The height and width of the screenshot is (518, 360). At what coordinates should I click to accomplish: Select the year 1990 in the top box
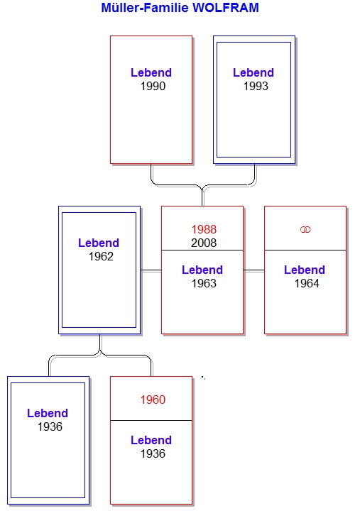click(x=153, y=87)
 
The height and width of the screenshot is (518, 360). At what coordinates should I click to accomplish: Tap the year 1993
click(x=256, y=87)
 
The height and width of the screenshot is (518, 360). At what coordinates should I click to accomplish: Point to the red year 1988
click(x=204, y=229)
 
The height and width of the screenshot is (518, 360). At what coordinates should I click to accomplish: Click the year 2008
click(x=204, y=243)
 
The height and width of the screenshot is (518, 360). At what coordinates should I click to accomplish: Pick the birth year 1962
click(x=101, y=256)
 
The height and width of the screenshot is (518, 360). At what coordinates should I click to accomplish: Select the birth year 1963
click(x=204, y=283)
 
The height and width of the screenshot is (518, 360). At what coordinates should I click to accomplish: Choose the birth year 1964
click(x=307, y=283)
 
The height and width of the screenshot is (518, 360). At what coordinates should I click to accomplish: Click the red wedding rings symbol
click(x=305, y=229)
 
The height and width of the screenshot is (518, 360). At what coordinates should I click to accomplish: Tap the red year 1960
click(x=153, y=399)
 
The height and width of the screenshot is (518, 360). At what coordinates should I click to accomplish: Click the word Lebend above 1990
click(x=151, y=72)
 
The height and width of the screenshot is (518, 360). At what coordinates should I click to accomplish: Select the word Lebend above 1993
click(x=253, y=72)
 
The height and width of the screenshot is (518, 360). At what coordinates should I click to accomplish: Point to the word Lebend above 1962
click(x=99, y=243)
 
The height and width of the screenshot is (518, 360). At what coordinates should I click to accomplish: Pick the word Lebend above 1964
click(x=305, y=270)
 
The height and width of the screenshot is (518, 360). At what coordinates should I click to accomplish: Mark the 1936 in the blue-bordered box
click(x=50, y=427)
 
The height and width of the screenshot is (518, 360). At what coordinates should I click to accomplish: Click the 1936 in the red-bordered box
click(x=153, y=454)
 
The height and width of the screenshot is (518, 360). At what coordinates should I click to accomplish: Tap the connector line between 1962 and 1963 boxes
click(x=151, y=270)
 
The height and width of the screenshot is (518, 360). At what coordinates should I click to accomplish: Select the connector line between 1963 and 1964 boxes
click(x=254, y=270)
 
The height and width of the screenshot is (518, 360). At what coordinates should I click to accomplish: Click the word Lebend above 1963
click(x=202, y=270)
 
